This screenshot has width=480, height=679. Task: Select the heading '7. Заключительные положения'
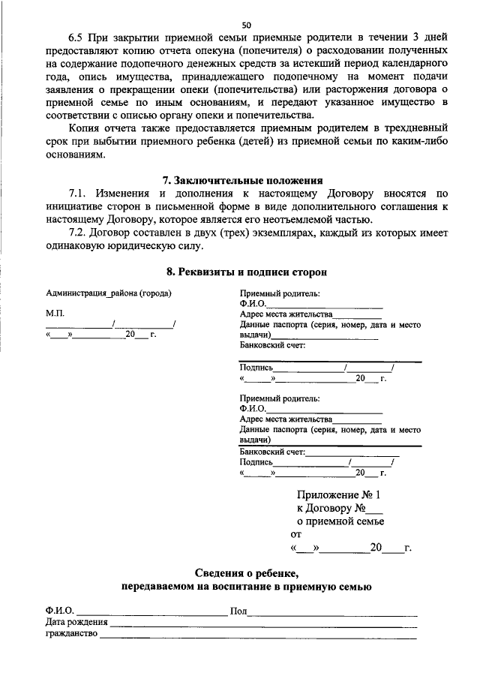coord(243,181)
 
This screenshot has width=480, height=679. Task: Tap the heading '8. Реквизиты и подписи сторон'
coord(246,271)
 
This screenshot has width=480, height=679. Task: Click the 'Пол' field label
coord(238,611)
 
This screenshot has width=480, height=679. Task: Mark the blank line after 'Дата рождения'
coord(262,624)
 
